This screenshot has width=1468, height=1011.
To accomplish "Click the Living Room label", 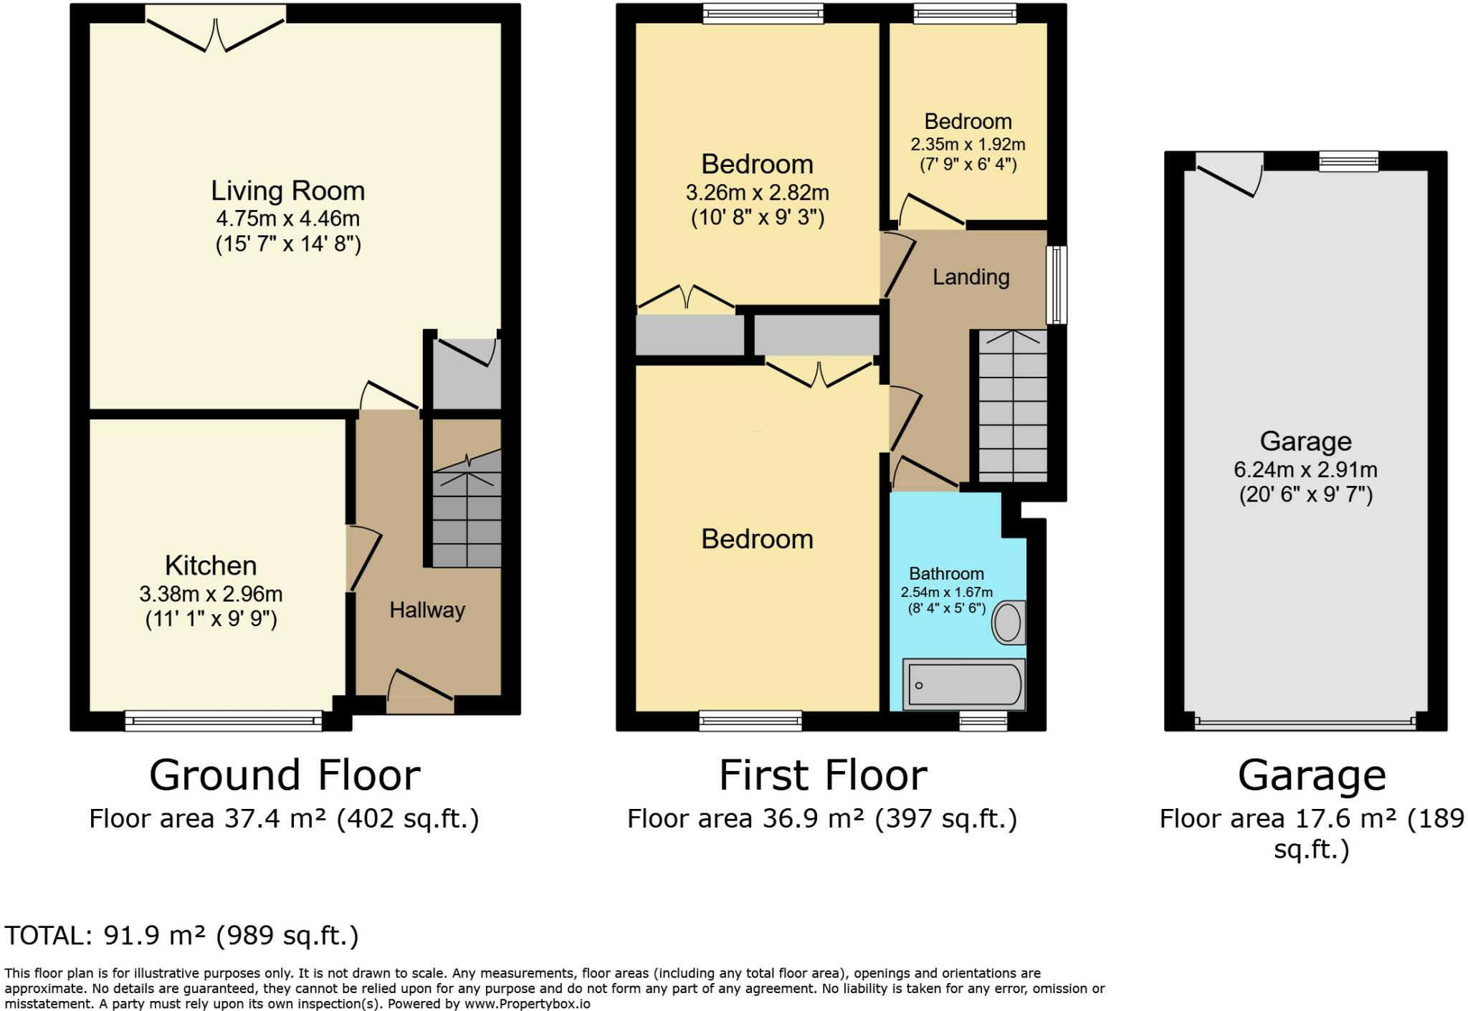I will tap(287, 191).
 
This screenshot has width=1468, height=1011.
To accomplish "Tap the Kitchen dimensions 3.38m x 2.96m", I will tap(211, 594).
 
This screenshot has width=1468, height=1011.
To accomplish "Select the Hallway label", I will tap(427, 610).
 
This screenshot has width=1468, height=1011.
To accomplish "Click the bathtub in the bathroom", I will tap(963, 685).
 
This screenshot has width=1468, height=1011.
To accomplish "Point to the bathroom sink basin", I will tap(1008, 622).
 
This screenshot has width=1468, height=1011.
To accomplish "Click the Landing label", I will tap(971, 277).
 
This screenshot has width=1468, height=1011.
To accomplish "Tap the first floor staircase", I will tap(1013, 406).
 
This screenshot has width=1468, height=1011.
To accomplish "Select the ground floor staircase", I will tap(467, 516).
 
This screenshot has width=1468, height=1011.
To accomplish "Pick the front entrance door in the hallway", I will tap(421, 691).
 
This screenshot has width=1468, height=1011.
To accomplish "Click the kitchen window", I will tap(224, 720).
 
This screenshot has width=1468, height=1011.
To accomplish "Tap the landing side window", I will tap(1056, 284).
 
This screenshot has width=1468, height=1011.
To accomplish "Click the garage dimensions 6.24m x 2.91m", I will tap(1305, 470).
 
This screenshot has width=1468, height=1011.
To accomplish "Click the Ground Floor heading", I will tap(285, 775).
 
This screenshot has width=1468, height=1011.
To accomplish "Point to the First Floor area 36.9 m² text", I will tap(822, 818).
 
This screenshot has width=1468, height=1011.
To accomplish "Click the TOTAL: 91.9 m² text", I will tap(181, 936).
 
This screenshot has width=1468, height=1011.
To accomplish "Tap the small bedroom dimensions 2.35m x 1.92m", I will tap(968, 144).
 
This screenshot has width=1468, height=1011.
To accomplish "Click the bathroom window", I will tap(983, 721).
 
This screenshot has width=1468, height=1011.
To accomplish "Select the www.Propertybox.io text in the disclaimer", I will tap(527, 1004).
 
